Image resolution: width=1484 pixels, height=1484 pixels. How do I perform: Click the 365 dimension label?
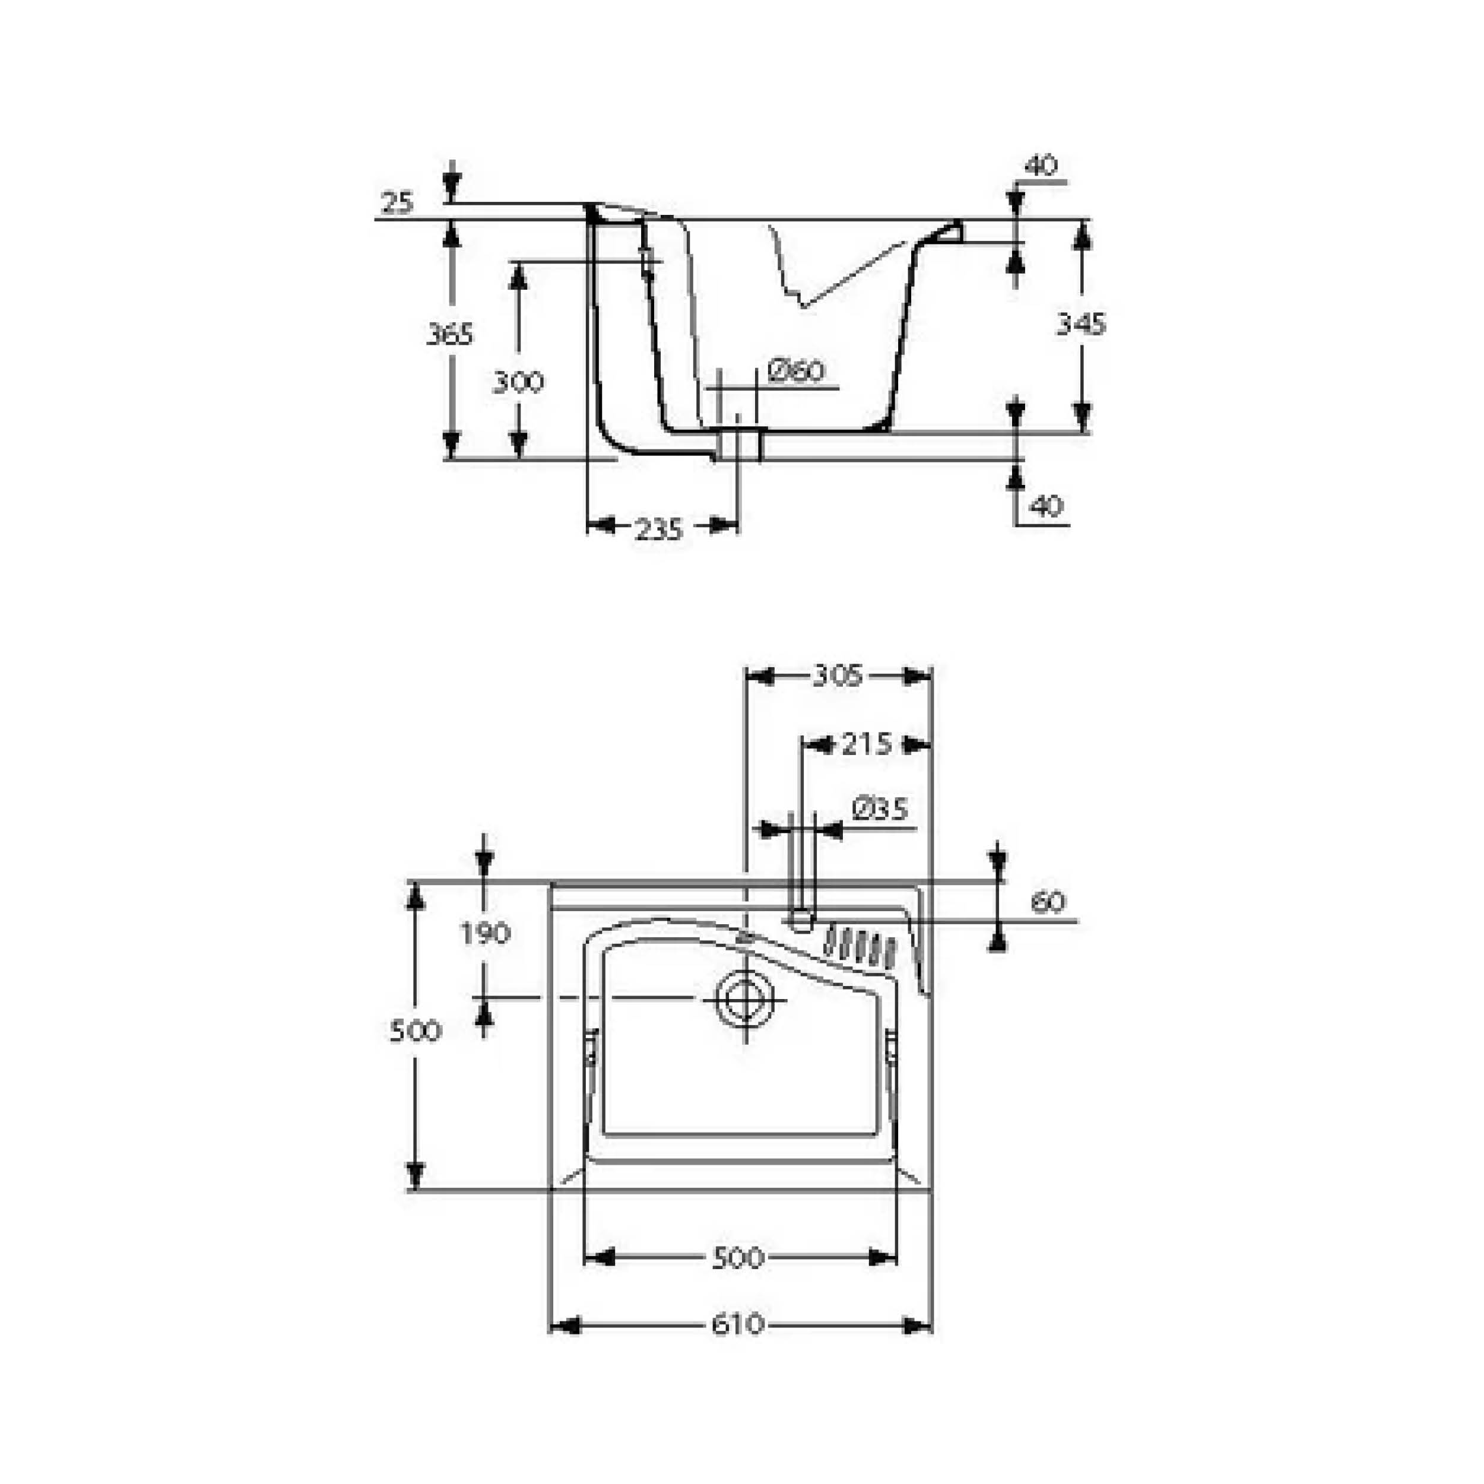(450, 335)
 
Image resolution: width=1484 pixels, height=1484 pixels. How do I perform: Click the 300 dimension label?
(518, 382)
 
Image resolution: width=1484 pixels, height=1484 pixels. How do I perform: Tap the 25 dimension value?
(397, 204)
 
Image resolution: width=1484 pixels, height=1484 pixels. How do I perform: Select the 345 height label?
(1081, 324)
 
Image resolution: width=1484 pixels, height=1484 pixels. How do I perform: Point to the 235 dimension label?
(659, 529)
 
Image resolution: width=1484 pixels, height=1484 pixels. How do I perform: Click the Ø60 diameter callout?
(796, 372)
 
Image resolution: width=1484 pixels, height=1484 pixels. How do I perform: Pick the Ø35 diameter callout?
(880, 809)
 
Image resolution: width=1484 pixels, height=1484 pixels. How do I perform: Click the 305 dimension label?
(838, 676)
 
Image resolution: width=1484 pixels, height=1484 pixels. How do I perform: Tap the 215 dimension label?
(867, 744)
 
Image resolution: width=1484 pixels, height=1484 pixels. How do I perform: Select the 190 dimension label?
(486, 934)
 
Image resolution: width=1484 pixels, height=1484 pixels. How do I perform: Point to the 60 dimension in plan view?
(1048, 902)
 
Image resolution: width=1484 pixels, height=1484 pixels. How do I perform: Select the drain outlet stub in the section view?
(739, 446)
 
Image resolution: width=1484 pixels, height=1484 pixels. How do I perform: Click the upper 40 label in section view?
(1041, 165)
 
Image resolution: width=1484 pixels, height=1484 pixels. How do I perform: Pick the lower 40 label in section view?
(1045, 506)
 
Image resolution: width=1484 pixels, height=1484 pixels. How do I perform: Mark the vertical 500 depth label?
(416, 1031)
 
